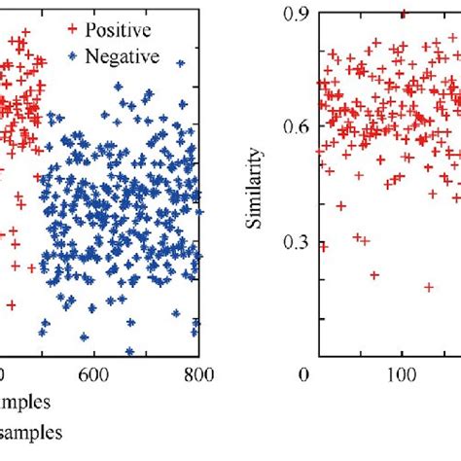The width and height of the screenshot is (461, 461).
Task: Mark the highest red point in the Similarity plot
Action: click(x=404, y=14)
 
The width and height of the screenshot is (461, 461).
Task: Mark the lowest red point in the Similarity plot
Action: click(x=429, y=287)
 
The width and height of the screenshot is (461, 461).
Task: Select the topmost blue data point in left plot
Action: click(x=119, y=86)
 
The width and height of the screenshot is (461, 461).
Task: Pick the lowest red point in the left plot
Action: click(x=12, y=304)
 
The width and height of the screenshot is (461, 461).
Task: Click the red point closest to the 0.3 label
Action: click(x=324, y=246)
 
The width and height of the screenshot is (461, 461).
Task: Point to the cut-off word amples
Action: click(x=23, y=401)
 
